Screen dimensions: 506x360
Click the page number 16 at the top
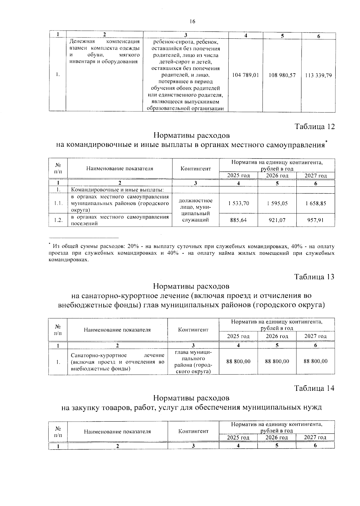point(192,21)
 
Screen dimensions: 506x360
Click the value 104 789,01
point(245,75)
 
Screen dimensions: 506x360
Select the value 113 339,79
point(318,75)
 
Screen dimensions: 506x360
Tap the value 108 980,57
point(282,75)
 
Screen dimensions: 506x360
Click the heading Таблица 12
point(315,127)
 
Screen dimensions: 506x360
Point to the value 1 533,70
point(238,203)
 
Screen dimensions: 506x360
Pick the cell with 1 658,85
point(316,203)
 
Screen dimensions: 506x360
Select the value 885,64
point(238,220)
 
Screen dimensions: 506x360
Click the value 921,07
point(277,220)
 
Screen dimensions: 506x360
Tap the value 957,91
point(316,220)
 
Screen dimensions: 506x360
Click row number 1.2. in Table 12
point(58,220)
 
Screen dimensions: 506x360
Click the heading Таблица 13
point(314,276)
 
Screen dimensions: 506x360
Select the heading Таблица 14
point(314,388)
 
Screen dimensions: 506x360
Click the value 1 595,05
point(277,203)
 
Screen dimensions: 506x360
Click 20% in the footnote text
point(133,246)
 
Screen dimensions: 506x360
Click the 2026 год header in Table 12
point(277,176)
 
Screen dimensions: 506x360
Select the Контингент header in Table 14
point(193,431)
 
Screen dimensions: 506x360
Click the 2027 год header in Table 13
point(315,336)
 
